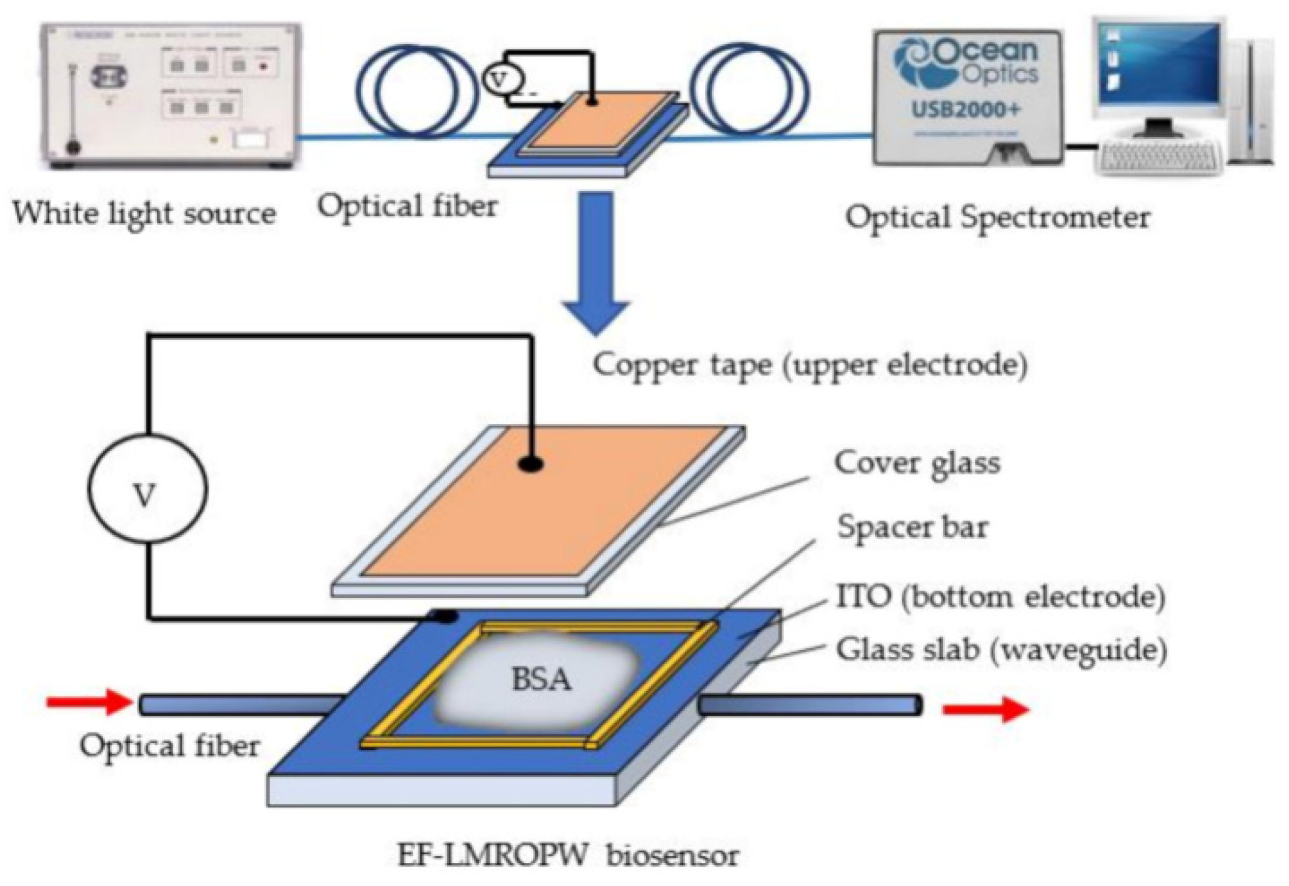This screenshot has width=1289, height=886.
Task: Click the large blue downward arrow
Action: click(596, 263)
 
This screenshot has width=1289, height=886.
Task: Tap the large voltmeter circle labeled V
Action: click(147, 488)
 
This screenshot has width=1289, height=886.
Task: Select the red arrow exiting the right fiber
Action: click(984, 708)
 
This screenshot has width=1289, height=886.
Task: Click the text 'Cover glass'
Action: click(916, 463)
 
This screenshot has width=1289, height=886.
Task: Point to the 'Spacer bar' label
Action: click(912, 528)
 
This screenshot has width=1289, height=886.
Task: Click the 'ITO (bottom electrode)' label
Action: click(1000, 597)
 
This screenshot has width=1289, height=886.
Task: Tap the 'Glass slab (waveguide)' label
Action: click(1002, 650)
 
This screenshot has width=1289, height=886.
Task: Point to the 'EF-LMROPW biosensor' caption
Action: click(568, 856)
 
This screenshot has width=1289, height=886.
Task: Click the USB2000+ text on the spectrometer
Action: click(965, 110)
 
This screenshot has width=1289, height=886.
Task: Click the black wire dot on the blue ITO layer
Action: click(446, 616)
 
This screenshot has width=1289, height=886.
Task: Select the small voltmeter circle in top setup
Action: click(501, 79)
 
